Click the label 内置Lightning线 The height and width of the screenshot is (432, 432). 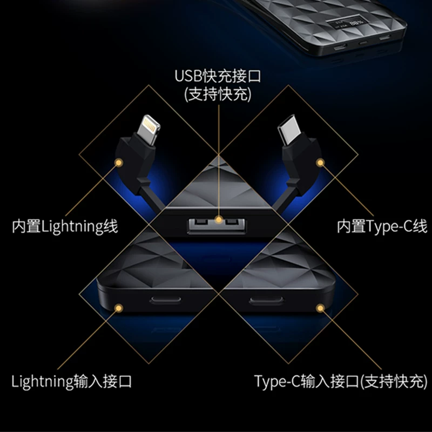point(65,226)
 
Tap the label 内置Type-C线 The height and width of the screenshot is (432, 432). point(382,226)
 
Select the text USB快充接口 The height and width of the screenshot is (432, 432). point(218,76)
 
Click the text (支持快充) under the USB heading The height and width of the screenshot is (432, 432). point(218,94)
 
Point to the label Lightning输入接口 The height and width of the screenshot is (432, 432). point(71,382)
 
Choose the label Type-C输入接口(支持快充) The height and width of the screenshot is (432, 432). point(341,382)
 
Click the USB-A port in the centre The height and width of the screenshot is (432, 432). point(217,226)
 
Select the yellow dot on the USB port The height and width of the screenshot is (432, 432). point(219,220)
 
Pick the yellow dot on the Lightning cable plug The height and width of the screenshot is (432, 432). point(119,163)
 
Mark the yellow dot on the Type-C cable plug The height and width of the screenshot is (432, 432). point(320,163)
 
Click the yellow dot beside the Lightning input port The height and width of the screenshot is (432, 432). point(119,308)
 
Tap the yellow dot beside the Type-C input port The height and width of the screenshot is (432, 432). point(320,308)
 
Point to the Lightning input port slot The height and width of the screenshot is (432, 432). point(165,300)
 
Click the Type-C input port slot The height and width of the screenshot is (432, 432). point(266,300)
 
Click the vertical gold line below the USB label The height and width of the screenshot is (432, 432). point(219,160)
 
